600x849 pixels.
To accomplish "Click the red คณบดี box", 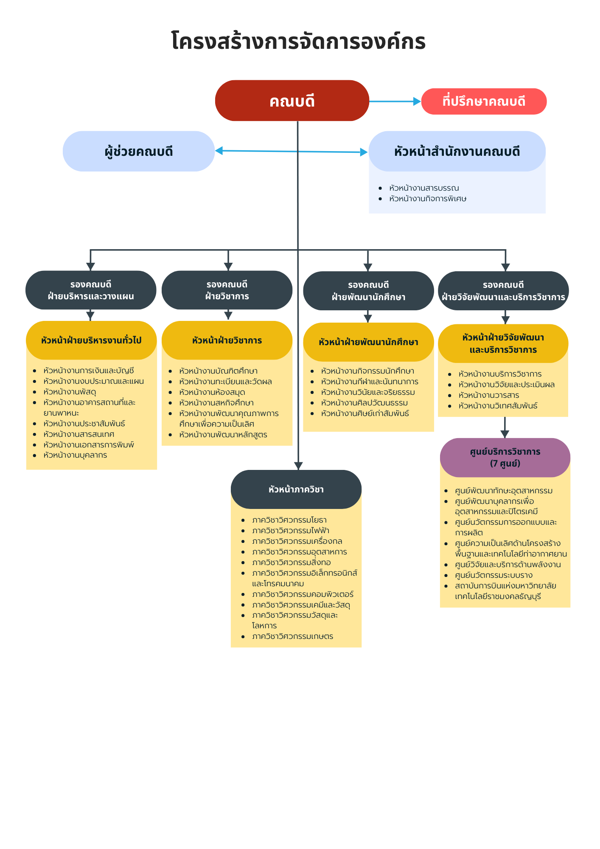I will [x=292, y=101].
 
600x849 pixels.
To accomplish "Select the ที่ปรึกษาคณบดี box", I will [x=484, y=101].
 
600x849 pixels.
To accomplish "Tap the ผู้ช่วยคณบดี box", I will [x=139, y=151].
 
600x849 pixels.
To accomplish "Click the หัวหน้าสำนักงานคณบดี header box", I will [x=457, y=151].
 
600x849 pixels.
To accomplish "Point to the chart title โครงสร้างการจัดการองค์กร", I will [x=298, y=41].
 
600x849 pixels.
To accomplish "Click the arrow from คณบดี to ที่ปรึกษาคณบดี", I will [x=395, y=101].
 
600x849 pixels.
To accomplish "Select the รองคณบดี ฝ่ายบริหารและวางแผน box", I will [x=91, y=290].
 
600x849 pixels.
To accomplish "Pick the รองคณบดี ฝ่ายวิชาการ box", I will [x=227, y=290].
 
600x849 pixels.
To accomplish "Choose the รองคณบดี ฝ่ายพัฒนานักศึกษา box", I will [x=368, y=291].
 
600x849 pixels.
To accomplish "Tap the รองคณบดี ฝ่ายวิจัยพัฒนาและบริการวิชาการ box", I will [x=503, y=291].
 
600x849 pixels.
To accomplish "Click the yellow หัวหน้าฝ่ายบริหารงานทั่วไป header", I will [x=91, y=340].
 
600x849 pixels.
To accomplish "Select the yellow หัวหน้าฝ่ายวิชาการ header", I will [x=227, y=340].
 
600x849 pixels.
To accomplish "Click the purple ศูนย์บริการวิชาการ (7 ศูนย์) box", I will [x=505, y=458].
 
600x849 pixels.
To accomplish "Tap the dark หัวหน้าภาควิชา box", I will [x=296, y=489].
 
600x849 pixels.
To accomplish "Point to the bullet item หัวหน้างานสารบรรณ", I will [x=424, y=188].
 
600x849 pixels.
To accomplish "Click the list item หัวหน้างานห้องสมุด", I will [x=212, y=392].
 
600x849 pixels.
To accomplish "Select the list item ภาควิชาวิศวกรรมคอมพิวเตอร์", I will [x=303, y=594].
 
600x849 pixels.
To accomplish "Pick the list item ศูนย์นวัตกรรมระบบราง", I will [x=493, y=575].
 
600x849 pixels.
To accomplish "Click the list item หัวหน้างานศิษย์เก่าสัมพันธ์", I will [x=365, y=413].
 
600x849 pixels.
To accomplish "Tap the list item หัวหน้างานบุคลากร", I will [x=75, y=455].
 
